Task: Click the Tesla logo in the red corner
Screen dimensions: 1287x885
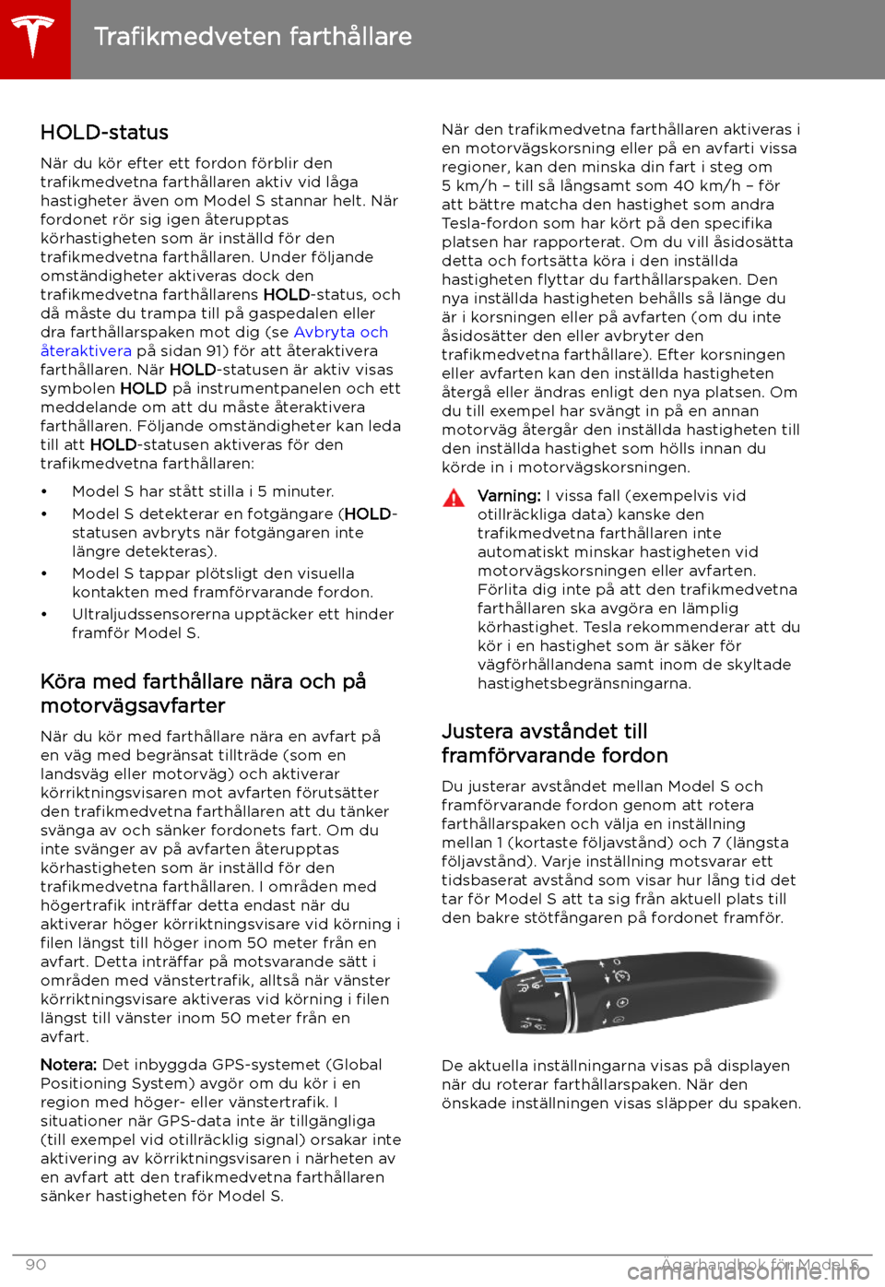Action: [x=34, y=37]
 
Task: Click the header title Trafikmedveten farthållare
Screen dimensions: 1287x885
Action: [x=253, y=37]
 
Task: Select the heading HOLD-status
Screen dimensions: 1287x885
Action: [x=104, y=133]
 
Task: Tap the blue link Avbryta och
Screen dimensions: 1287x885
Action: [x=340, y=332]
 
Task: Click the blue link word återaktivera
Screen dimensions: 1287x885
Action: [x=86, y=351]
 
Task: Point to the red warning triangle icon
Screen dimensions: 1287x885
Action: [x=454, y=499]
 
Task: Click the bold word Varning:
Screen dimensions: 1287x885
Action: [x=508, y=496]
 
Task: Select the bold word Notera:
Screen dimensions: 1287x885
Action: [x=68, y=1065]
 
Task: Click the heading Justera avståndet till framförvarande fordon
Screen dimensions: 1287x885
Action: [x=554, y=743]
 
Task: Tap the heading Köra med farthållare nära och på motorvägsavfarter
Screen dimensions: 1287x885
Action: [x=203, y=693]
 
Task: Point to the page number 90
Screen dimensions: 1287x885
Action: [x=36, y=1265]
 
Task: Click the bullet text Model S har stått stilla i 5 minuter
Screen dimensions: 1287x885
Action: [x=203, y=492]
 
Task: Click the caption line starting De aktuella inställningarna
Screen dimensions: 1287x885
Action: [x=615, y=1066]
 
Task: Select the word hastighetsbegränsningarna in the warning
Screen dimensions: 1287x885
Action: [x=584, y=684]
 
